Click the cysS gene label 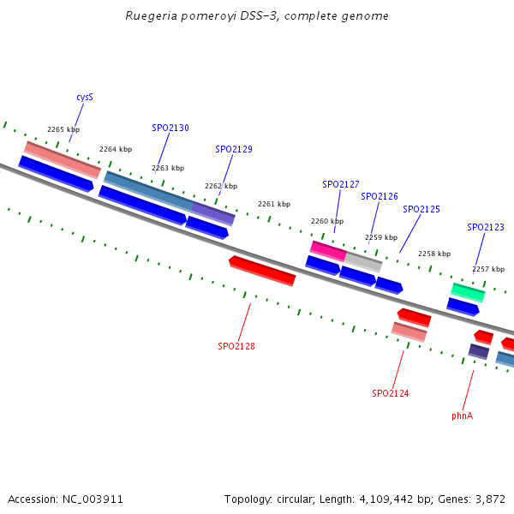84,97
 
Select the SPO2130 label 170,128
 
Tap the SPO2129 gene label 234,149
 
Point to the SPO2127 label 341,184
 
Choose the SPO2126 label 380,196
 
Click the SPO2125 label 421,209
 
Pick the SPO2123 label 486,227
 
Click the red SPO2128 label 236,346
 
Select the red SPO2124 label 391,393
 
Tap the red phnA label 463,415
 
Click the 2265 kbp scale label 63,129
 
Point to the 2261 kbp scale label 274,204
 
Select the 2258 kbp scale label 433,254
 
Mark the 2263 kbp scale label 168,168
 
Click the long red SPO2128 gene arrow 262,270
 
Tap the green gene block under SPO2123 468,292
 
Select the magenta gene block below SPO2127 327,250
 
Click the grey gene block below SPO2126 363,261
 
